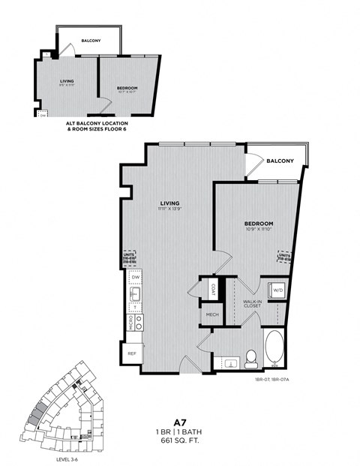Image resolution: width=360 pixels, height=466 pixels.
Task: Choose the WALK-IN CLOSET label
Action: click(x=251, y=303)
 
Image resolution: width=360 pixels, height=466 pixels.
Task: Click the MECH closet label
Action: click(x=211, y=314)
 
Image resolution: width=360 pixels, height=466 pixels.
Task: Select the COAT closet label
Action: click(x=213, y=289)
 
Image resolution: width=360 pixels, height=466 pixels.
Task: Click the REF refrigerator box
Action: click(x=131, y=353)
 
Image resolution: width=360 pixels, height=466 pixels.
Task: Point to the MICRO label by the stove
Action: click(x=130, y=323)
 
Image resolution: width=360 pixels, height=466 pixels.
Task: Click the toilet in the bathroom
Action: click(x=251, y=359)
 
